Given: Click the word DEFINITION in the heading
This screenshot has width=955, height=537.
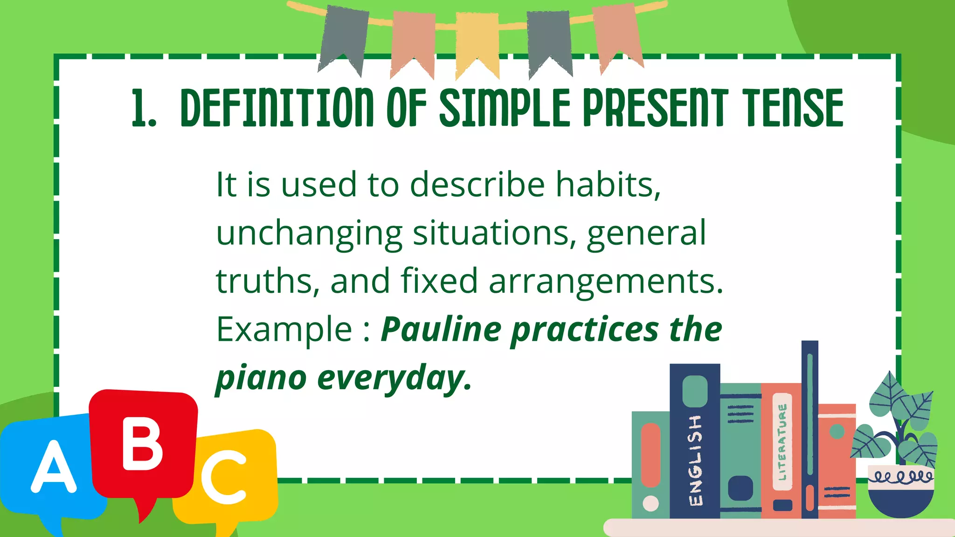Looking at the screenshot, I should coord(277,108).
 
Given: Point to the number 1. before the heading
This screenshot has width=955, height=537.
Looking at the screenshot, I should coord(143,108).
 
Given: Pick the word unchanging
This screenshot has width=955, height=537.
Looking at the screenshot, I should coord(309,233).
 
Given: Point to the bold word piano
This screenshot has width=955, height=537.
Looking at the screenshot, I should coord(261,378).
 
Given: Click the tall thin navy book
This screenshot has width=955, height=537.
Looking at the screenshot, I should coord(810,429).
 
